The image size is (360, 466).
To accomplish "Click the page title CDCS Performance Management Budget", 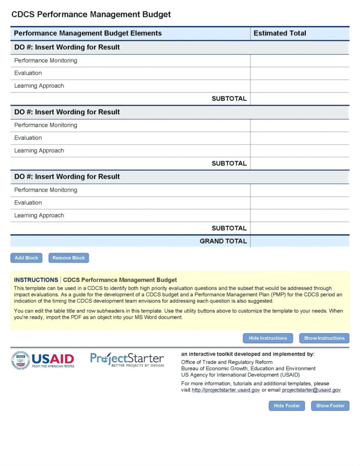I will click(x=91, y=14).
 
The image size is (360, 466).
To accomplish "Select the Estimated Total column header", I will click(x=280, y=33).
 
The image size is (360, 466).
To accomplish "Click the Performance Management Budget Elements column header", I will click(x=88, y=33).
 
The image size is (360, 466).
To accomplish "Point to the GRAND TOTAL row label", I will click(x=223, y=241).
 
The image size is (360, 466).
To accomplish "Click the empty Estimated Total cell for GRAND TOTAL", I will click(x=299, y=241).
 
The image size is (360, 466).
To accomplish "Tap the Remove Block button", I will click(x=69, y=258).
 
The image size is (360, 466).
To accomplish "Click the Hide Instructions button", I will click(x=268, y=338).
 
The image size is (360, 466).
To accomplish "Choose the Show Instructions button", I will click(x=324, y=338).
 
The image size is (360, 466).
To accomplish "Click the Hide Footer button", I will click(x=287, y=406).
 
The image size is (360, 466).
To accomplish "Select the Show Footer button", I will click(x=330, y=406).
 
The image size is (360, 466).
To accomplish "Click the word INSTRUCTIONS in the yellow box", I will click(x=36, y=280).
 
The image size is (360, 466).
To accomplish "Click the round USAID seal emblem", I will click(x=20, y=360).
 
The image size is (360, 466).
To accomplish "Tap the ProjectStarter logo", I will click(x=127, y=359).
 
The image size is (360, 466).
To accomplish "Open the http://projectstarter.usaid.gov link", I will click(x=226, y=390).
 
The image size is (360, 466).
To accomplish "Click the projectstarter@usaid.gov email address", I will click(x=311, y=390).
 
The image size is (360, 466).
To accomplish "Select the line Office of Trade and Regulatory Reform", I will click(x=227, y=362).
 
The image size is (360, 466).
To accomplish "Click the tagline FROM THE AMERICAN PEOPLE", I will click(x=53, y=366).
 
